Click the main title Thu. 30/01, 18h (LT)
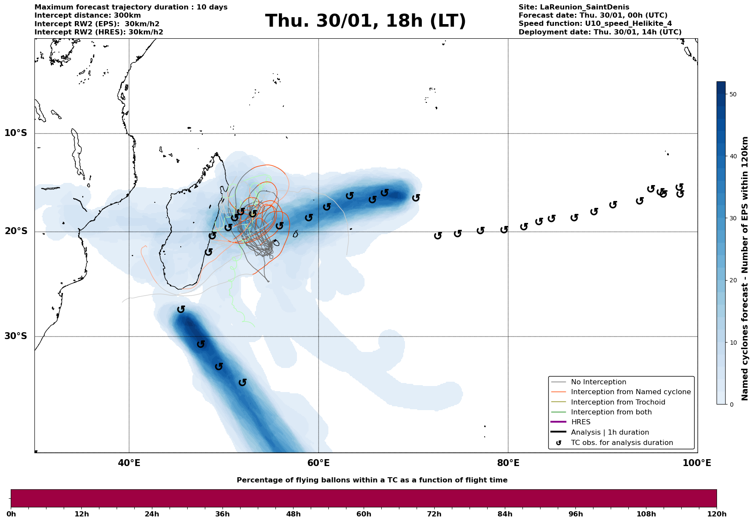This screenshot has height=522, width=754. (365, 21)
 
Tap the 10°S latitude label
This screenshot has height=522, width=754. (15, 133)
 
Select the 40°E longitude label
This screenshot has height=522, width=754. (129, 463)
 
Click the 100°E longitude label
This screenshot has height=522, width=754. (697, 463)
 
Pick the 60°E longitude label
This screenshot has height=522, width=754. (318, 463)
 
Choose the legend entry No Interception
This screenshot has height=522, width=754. (598, 382)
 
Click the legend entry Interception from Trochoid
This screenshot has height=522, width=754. (618, 402)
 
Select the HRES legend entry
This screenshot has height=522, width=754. (581, 422)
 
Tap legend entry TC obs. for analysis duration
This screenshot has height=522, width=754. (621, 442)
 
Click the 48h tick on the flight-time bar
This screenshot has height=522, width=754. (293, 514)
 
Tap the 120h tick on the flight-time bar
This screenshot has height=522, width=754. (717, 514)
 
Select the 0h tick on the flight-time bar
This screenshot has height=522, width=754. (11, 514)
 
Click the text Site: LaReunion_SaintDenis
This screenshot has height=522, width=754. (574, 7)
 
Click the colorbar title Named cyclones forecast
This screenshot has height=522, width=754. (745, 269)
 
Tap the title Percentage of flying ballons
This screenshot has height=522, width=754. (372, 480)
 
